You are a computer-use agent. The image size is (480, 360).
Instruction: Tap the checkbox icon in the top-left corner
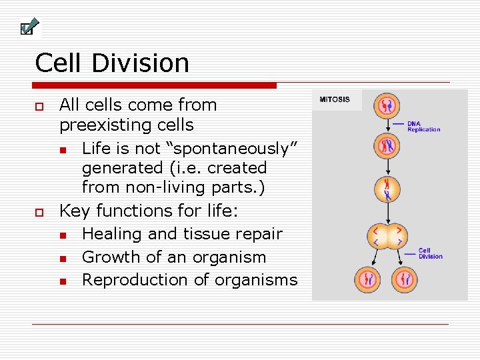[x=26, y=28]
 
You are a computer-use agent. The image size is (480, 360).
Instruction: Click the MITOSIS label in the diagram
[x=335, y=99]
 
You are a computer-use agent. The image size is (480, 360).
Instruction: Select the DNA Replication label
[x=423, y=126]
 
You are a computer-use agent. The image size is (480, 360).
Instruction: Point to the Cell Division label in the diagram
[x=430, y=254]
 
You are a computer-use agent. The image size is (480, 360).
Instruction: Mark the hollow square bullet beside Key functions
[x=39, y=212]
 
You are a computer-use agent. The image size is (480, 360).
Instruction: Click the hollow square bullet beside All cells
[x=39, y=106]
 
